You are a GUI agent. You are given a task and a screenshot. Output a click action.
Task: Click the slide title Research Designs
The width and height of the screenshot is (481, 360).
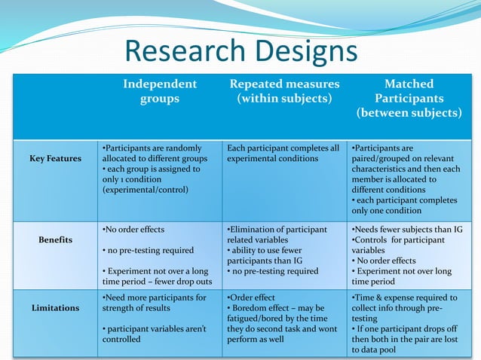coord(240,51)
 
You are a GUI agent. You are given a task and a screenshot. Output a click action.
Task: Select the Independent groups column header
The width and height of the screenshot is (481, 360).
coord(160,91)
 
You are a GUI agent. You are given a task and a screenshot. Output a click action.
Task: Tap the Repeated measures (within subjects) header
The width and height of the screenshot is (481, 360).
coord(284,91)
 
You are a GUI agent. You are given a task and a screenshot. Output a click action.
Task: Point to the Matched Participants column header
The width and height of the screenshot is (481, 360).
coord(409,99)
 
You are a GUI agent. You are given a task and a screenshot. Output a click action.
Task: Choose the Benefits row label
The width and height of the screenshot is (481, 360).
coord(56,240)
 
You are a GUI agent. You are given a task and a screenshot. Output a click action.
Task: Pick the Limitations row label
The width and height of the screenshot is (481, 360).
coord(56,308)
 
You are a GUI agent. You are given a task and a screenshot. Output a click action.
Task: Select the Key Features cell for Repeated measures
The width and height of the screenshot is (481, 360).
coord(283,154)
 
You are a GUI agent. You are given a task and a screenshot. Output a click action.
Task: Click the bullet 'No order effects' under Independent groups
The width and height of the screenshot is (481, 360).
coord(133,230)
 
